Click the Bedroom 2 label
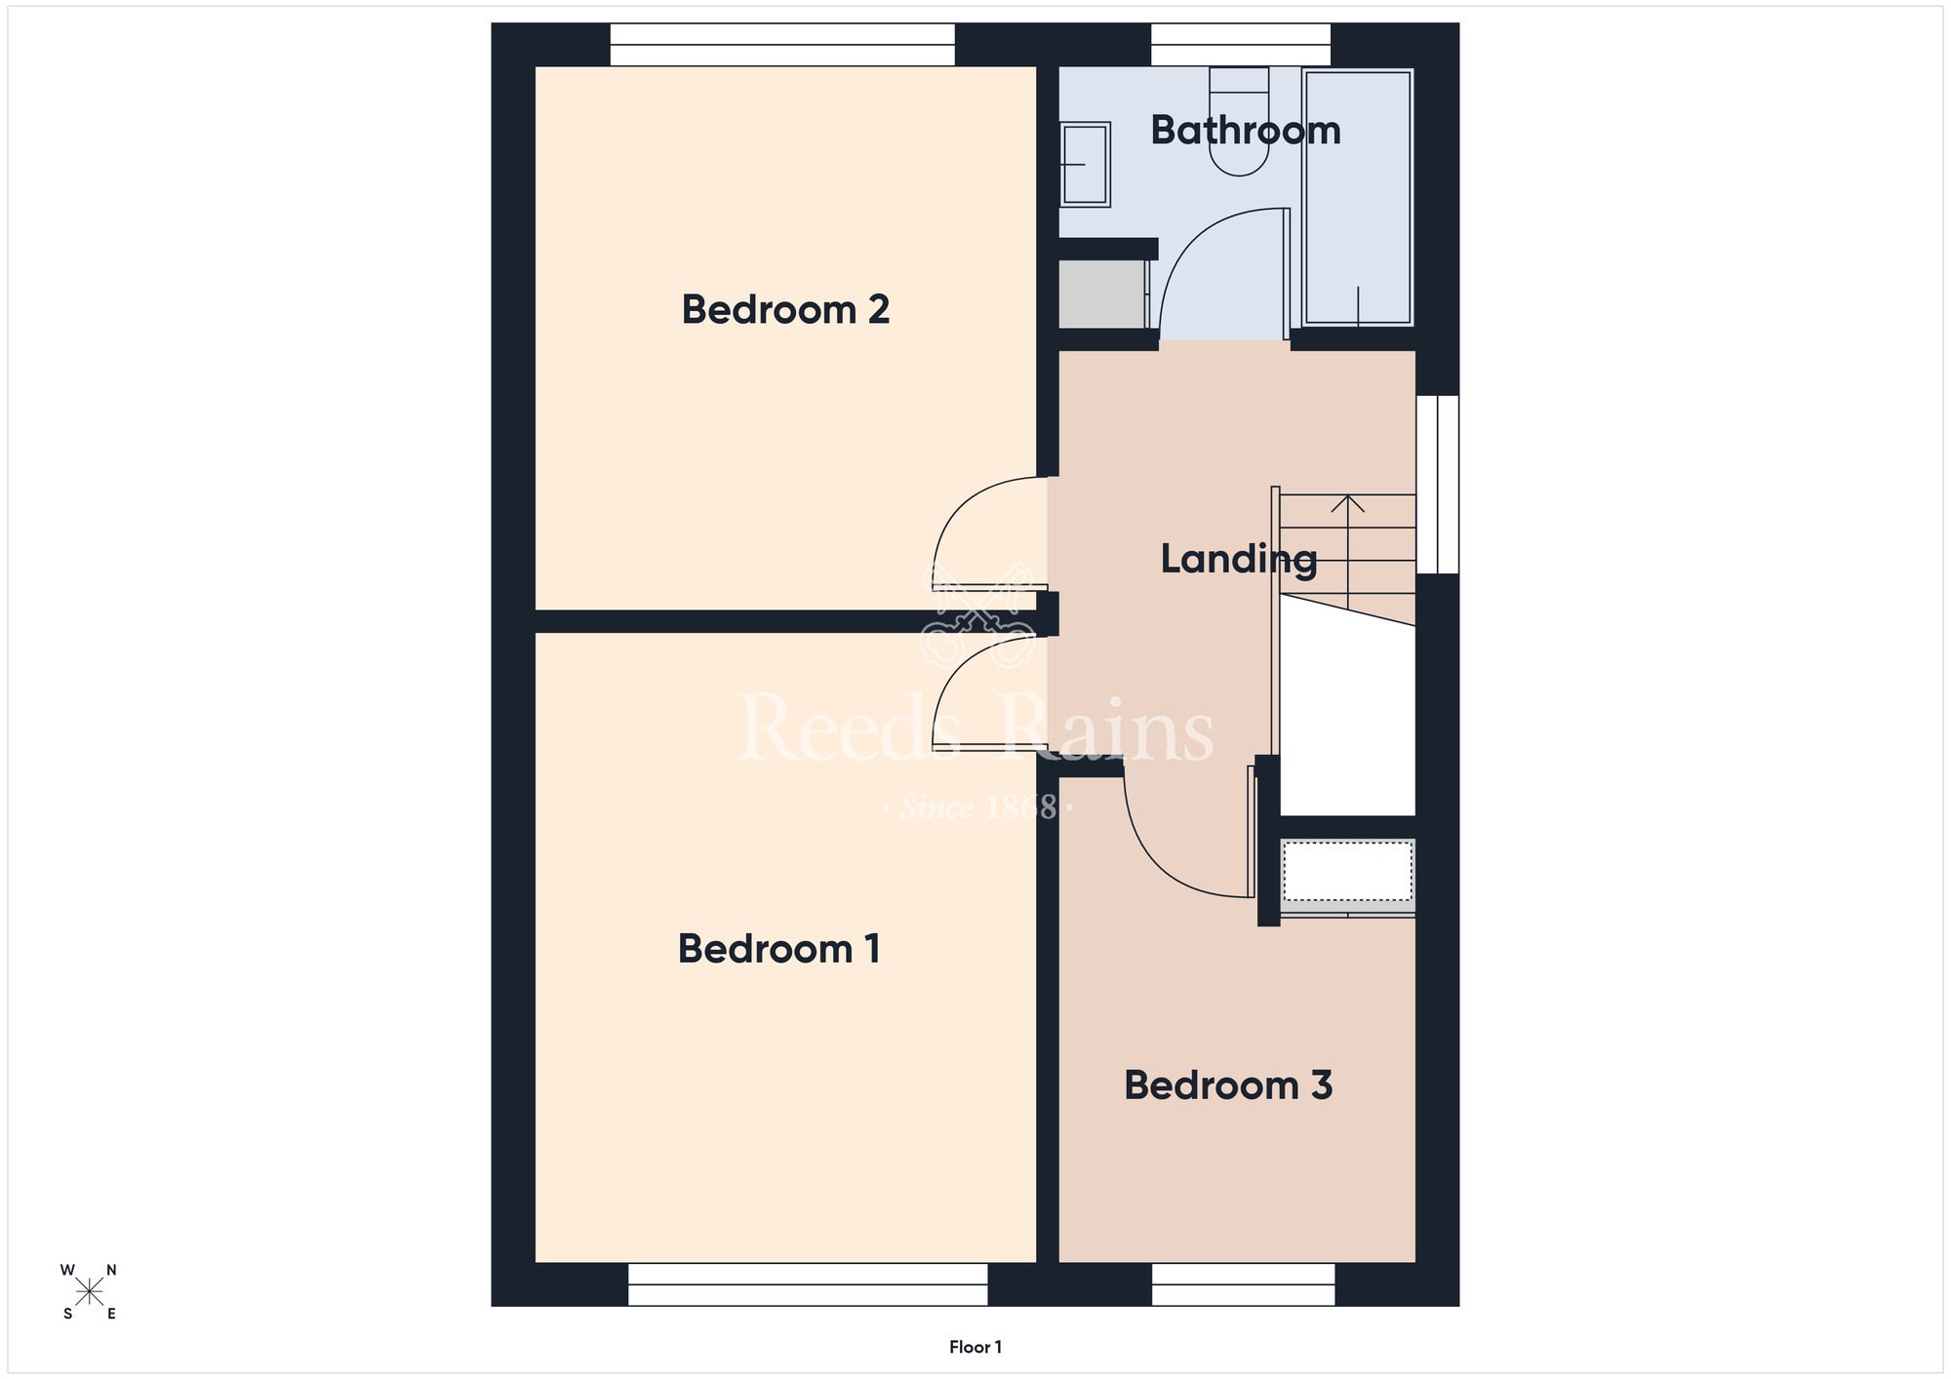click(785, 310)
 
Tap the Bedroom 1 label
click(779, 949)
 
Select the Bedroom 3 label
click(1228, 1085)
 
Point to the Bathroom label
click(1246, 131)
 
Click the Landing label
click(1239, 559)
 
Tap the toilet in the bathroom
click(1239, 121)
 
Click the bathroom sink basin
click(1085, 165)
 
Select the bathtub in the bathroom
click(1358, 197)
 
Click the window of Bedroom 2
click(782, 45)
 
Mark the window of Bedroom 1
click(808, 1284)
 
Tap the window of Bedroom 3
click(1244, 1284)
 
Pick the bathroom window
click(1241, 45)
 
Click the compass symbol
click(90, 1292)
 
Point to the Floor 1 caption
click(975, 1347)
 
